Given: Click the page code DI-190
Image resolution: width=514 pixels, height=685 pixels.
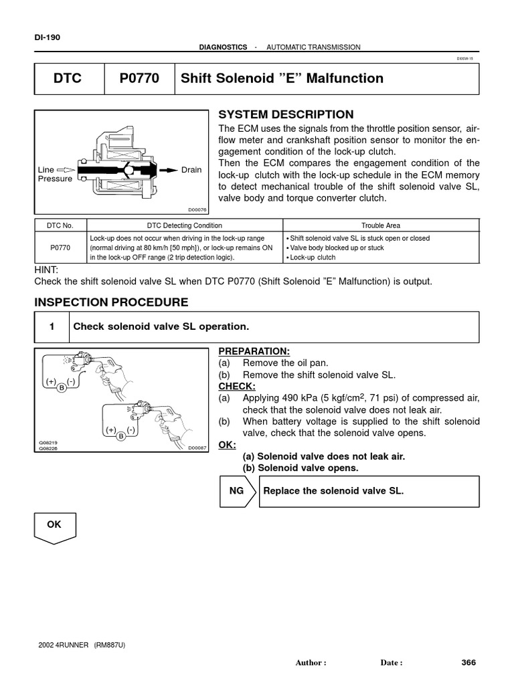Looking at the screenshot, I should (x=47, y=37).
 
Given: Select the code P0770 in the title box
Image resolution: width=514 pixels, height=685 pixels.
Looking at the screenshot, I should (x=139, y=79).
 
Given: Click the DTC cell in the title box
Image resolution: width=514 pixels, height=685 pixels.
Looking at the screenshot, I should (x=68, y=79).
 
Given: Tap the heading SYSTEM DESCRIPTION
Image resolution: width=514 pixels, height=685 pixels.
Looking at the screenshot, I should (x=286, y=114).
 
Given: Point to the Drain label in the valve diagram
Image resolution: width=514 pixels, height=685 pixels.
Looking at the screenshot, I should (x=191, y=170).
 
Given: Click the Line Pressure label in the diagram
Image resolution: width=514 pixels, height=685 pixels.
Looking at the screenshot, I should (x=55, y=175).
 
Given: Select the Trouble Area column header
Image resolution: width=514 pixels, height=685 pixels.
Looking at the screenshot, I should (x=380, y=225).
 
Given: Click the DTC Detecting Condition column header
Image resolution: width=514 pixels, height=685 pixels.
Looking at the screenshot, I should (x=185, y=225).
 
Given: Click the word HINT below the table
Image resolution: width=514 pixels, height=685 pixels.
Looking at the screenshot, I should (x=47, y=270).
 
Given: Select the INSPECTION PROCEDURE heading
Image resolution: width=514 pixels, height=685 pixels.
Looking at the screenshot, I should (x=111, y=302).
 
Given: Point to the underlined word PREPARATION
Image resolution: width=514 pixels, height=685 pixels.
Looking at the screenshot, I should (x=254, y=351).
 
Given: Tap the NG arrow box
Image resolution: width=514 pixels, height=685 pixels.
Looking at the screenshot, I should (x=238, y=491).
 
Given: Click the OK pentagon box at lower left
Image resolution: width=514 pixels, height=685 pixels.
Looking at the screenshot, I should (x=54, y=527).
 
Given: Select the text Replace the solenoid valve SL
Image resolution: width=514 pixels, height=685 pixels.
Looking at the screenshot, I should (x=334, y=491).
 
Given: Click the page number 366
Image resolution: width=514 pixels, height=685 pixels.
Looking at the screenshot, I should (x=468, y=663).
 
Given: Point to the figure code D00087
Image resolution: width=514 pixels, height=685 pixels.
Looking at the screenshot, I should (x=198, y=448).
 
